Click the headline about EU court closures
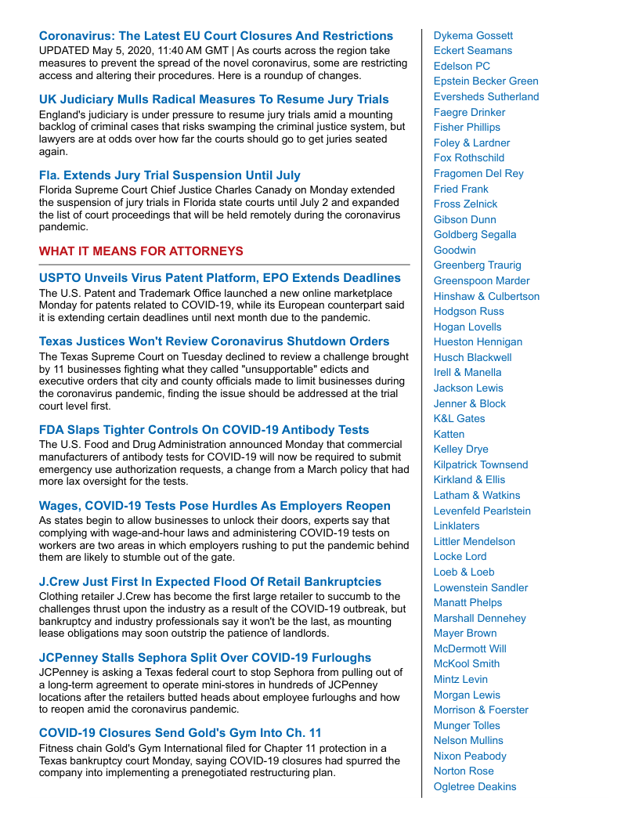coord(216,36)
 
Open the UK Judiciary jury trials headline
coord(214,99)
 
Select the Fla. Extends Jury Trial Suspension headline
coord(170,175)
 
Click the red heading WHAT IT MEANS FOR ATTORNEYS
coord(141,251)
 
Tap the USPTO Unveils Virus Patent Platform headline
coord(220,278)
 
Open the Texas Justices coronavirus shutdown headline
coord(214,341)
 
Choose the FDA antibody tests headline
coord(204,430)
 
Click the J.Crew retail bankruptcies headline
coord(210,582)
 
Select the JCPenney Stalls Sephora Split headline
coord(205,658)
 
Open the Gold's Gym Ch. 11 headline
coord(180,734)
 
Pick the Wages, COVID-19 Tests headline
coord(215,506)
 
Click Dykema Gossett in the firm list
coord(473,35)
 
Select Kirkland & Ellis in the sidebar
coord(469,479)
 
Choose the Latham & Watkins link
coord(476,495)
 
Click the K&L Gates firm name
coord(459,418)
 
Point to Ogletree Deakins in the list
coord(475,786)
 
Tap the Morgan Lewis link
coord(467,695)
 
